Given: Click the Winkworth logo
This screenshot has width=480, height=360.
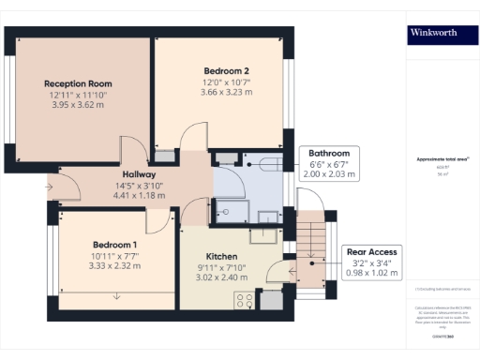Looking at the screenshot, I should tap(434, 32).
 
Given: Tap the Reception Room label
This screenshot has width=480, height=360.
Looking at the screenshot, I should tap(78, 83).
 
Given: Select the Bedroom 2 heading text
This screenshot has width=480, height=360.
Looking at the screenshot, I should tap(226, 71).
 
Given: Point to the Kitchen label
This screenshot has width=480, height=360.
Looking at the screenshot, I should tap(221, 256).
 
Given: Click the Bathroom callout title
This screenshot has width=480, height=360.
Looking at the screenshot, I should tap(329, 154).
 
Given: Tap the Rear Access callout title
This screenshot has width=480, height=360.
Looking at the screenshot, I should tap(372, 251).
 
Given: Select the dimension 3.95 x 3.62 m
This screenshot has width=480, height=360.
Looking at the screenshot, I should tap(78, 106).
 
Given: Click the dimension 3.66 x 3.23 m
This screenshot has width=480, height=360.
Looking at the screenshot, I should tap(226, 94).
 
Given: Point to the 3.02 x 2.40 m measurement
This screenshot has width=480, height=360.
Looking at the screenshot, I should tap(221, 278).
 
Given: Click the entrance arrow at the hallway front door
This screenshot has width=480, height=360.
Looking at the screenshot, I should tap(49, 186).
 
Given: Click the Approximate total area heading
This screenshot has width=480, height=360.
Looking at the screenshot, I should tap(442, 160).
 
